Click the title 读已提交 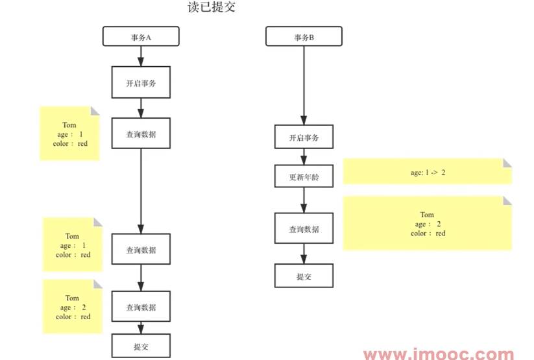pyautogui.click(x=211, y=8)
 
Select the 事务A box pyautogui.click(x=141, y=37)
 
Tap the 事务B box pyautogui.click(x=304, y=37)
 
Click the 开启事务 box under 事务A pyautogui.click(x=141, y=82)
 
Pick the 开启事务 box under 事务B pyautogui.click(x=304, y=138)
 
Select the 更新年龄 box pyautogui.click(x=304, y=176)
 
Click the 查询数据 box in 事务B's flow pyautogui.click(x=304, y=229)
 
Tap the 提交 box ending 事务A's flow pyautogui.click(x=141, y=346)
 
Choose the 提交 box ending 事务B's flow pyautogui.click(x=304, y=276)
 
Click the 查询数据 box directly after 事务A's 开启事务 pyautogui.click(x=141, y=134)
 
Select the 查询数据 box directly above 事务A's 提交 pyautogui.click(x=141, y=307)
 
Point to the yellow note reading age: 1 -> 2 pyautogui.click(x=427, y=172)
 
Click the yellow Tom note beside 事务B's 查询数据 pyautogui.click(x=427, y=224)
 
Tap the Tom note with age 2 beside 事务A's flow pyautogui.click(x=72, y=307)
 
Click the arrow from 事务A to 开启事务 pyautogui.click(x=141, y=56)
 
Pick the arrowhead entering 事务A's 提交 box pyautogui.click(x=141, y=329)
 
